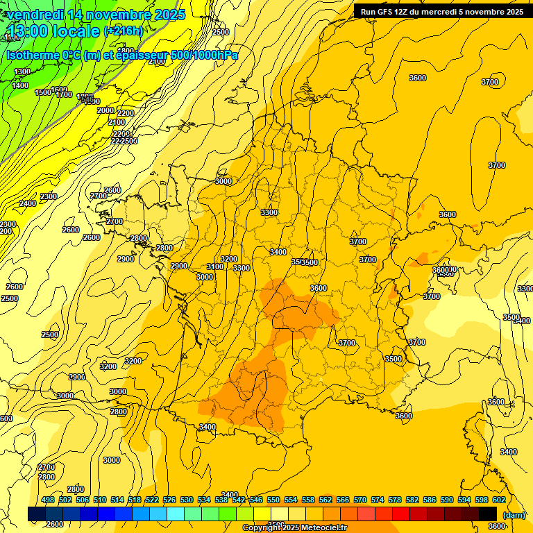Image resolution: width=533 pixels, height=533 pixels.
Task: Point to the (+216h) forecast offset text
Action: [124, 31]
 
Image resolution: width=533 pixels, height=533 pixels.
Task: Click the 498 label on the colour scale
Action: [48, 500]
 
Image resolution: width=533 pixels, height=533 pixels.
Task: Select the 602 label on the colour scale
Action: [499, 500]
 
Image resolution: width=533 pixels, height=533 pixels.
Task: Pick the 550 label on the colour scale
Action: [273, 500]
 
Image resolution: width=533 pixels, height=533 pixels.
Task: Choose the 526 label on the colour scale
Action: [169, 500]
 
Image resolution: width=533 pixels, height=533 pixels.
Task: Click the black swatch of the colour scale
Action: [488, 514]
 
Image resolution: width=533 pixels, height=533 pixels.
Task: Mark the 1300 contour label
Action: [22, 71]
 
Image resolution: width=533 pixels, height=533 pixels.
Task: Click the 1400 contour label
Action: [21, 85]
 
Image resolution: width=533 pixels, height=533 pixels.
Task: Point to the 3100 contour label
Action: [215, 267]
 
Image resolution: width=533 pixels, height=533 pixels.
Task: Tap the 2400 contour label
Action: [28, 203]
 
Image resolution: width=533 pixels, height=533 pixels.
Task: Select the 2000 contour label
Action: [105, 110]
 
